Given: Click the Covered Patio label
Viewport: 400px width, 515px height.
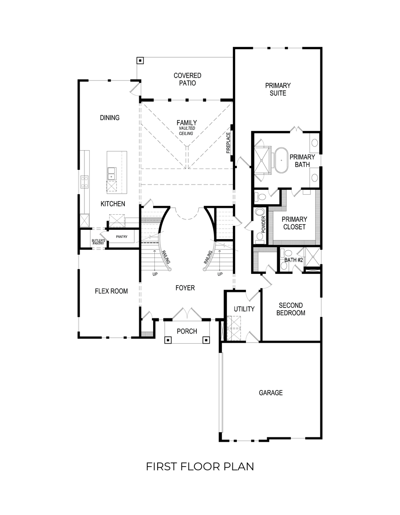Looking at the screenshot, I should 187,79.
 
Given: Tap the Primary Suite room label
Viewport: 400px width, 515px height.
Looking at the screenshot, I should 278,89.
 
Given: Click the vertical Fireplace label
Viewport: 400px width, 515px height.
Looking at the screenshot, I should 228,143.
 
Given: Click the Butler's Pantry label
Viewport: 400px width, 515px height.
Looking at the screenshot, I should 98,241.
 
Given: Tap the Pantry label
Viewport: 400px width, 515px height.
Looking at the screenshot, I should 122,237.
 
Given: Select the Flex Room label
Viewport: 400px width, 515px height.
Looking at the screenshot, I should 111,291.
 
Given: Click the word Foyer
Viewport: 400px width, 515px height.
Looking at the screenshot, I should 185,288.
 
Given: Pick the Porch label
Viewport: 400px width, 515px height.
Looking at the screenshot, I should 187,331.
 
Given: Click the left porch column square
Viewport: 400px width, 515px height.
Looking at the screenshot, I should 168,340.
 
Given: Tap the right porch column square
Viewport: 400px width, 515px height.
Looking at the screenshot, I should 206,340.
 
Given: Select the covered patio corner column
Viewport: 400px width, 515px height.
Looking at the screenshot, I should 140,60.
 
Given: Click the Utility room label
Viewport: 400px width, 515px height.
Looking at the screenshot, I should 244,309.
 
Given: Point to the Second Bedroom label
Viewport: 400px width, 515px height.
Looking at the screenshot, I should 291,309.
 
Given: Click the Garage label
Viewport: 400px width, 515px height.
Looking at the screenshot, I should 270,393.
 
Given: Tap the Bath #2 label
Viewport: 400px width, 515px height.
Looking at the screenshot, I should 294,260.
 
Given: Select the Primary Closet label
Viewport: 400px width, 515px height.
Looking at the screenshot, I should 294,223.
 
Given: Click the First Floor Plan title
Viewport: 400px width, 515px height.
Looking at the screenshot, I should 200,467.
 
